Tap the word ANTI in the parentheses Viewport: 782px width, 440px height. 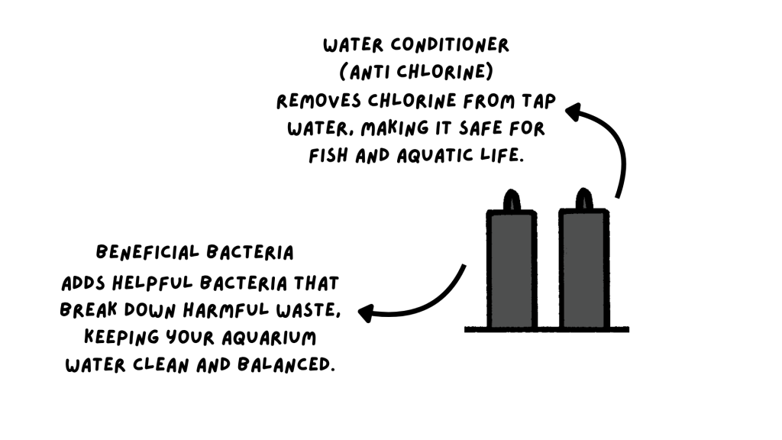click(x=367, y=73)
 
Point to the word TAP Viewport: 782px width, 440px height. click(x=538, y=102)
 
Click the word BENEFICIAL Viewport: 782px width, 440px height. click(x=141, y=252)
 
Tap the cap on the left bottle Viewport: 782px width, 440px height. click(x=512, y=199)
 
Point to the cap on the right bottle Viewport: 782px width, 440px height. click(x=583, y=199)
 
